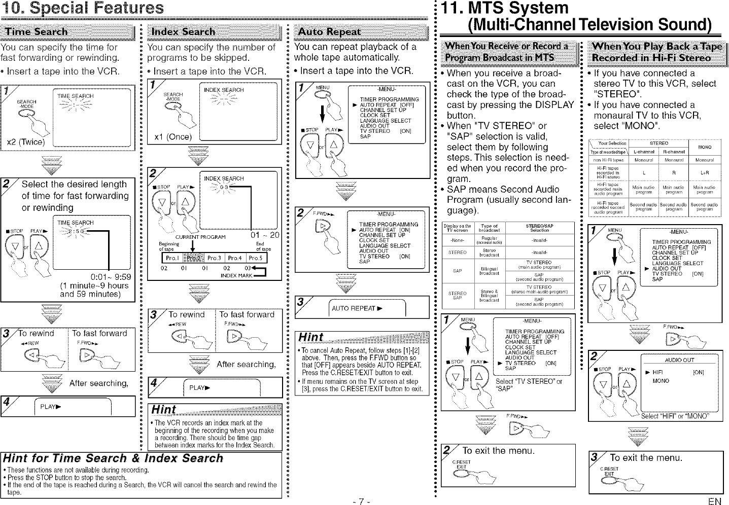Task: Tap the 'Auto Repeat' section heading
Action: (330, 31)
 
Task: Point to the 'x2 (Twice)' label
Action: (24, 141)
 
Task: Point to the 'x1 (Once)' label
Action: (173, 137)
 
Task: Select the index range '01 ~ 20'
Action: (265, 235)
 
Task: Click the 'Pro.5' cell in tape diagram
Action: (255, 258)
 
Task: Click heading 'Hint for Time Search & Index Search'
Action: (112, 458)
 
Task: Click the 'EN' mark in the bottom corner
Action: (715, 501)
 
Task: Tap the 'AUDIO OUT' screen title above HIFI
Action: (679, 360)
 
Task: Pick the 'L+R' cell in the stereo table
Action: (705, 173)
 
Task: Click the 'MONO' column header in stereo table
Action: (705, 147)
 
